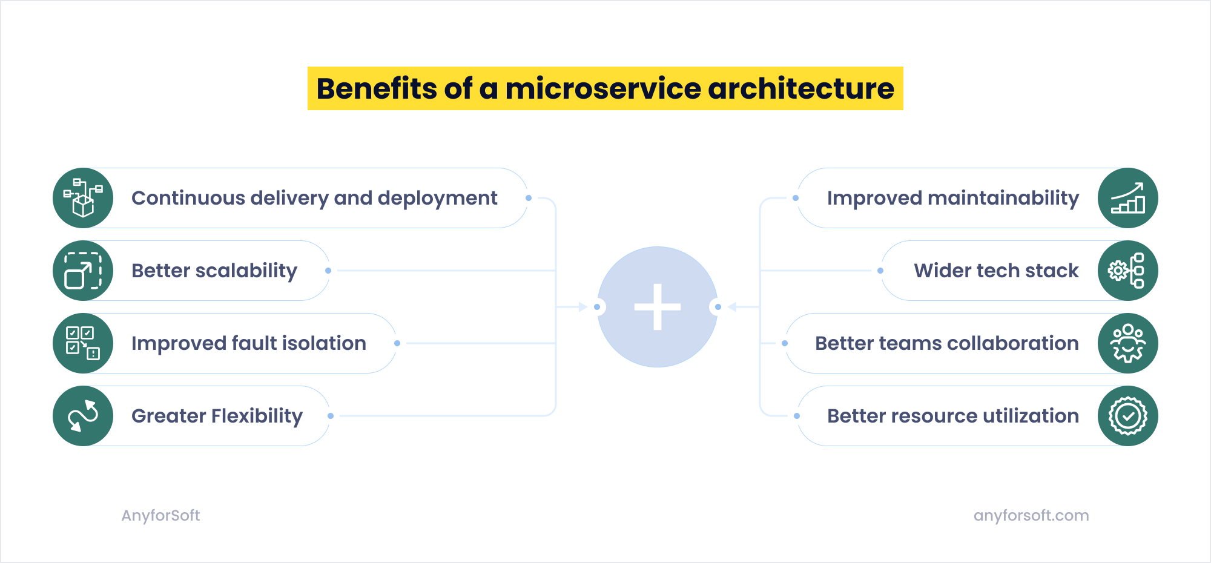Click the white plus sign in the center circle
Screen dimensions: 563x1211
point(658,307)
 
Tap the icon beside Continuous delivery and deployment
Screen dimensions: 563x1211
point(83,198)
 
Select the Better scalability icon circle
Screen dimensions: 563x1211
point(83,271)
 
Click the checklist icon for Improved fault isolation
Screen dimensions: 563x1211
point(83,343)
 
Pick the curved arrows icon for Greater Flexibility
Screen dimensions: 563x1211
point(83,416)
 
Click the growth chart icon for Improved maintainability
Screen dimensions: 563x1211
point(1127,198)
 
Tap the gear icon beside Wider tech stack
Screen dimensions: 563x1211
point(1127,271)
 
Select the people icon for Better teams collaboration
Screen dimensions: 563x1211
point(1127,343)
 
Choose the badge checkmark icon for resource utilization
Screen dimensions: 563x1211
point(1127,416)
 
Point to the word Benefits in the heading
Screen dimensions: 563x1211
point(375,88)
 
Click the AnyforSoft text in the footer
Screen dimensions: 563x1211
point(160,515)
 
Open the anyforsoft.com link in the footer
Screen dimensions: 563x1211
point(1031,515)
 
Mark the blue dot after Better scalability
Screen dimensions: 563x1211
point(328,271)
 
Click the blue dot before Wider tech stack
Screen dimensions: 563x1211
point(880,271)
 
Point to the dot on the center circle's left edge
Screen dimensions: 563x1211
point(597,307)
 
